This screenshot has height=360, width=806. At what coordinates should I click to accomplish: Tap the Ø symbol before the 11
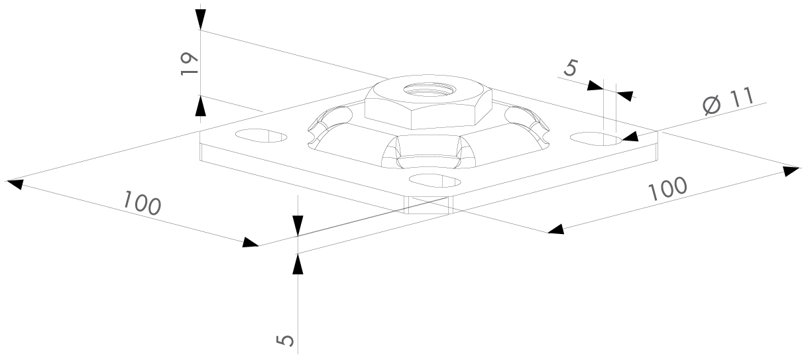712,107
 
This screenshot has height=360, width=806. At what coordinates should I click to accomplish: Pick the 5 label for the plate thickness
286,340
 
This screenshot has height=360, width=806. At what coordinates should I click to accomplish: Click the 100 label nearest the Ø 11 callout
667,189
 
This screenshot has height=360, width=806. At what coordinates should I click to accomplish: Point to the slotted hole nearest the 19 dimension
262,135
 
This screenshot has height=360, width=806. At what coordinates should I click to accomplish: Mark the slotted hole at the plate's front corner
435,180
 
